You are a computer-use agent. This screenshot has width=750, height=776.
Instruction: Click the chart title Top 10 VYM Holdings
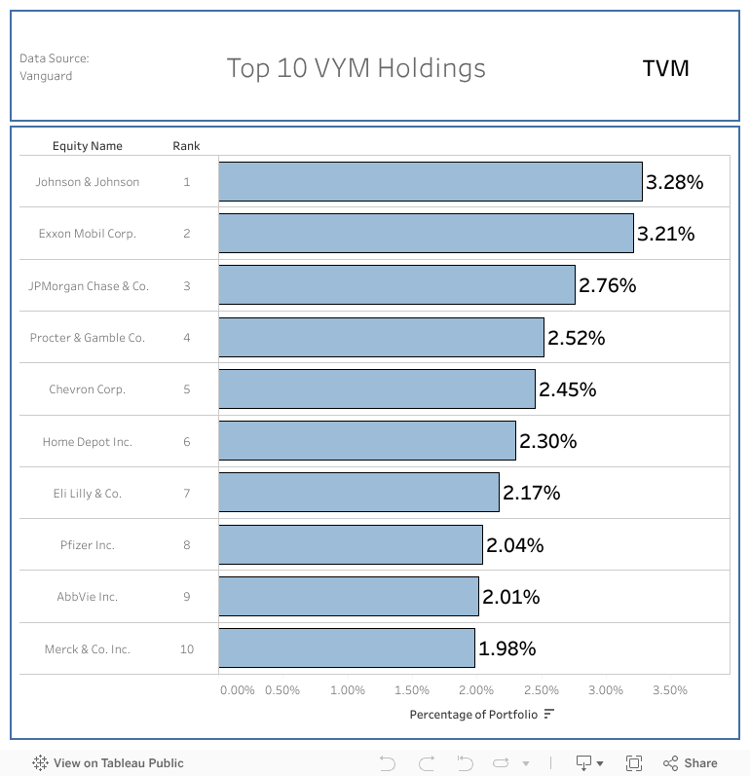pyautogui.click(x=356, y=68)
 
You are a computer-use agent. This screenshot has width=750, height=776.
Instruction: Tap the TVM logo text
pyautogui.click(x=665, y=68)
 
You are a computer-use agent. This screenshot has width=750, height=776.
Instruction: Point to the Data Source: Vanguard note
pyautogui.click(x=54, y=67)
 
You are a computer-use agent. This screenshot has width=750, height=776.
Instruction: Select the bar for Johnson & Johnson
pyautogui.click(x=430, y=182)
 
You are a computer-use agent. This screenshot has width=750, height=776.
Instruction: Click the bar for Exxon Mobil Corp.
pyautogui.click(x=426, y=234)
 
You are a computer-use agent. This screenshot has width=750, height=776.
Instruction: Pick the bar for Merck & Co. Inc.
pyautogui.click(x=346, y=648)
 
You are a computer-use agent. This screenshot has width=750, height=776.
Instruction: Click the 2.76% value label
pyautogui.click(x=607, y=285)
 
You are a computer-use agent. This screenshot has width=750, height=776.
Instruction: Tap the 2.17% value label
pyautogui.click(x=531, y=493)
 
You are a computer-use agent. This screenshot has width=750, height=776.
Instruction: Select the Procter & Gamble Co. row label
pyautogui.click(x=88, y=338)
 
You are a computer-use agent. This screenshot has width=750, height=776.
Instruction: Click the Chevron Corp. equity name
pyautogui.click(x=88, y=389)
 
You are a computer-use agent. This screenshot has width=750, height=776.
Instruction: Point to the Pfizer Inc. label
pyautogui.click(x=88, y=545)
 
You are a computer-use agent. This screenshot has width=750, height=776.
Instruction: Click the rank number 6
pyautogui.click(x=187, y=442)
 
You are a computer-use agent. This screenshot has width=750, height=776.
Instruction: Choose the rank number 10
pyautogui.click(x=187, y=649)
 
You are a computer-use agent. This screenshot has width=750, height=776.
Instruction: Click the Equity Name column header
pyautogui.click(x=88, y=146)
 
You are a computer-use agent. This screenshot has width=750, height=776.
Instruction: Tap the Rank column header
pyautogui.click(x=186, y=146)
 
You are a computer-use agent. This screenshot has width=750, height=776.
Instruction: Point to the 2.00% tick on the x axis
pyautogui.click(x=476, y=690)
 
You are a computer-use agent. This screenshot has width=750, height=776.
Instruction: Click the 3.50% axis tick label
pyautogui.click(x=669, y=690)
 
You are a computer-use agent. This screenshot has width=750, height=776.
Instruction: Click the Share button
pyautogui.click(x=691, y=763)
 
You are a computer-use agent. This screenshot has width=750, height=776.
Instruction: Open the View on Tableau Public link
pyautogui.click(x=108, y=763)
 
